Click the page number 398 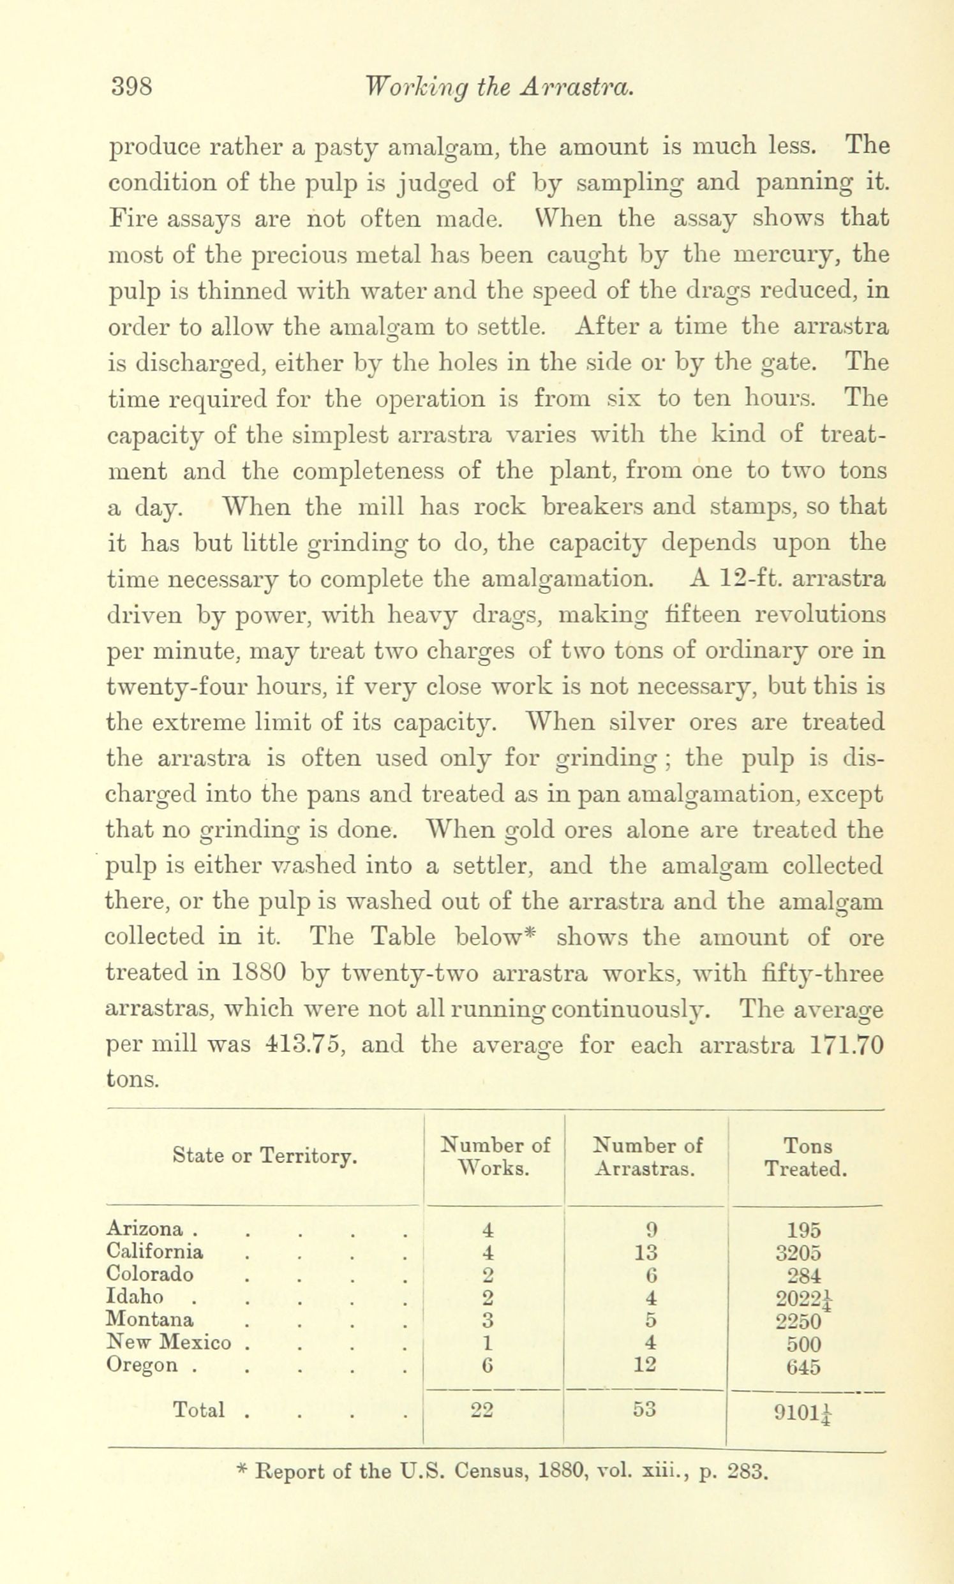coord(132,86)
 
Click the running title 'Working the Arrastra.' coord(499,87)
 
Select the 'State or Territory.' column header coord(264,1157)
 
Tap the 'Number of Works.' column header coord(495,1157)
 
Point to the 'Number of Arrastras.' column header coord(646,1157)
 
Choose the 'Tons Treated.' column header coord(806,1157)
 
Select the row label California coord(154,1252)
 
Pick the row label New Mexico coord(168,1342)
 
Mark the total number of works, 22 coord(482,1410)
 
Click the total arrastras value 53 coord(644,1410)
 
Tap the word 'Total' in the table coord(198,1410)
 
